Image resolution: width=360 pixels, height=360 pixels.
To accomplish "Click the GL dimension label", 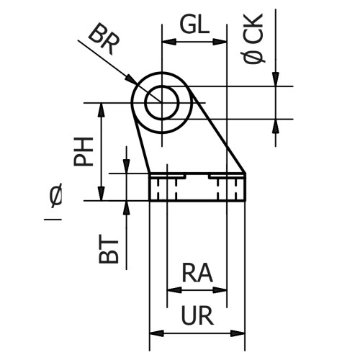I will coord(194,26).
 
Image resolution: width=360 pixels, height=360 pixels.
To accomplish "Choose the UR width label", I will coord(197,316).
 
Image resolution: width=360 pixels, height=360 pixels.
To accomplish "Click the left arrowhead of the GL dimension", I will coord(168,42).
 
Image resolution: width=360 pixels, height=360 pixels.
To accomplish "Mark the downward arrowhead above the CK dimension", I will coord(275,80).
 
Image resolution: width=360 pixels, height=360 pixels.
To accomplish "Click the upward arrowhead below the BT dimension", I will coord(127,207).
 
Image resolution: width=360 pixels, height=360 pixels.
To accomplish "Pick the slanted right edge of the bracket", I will coord(222,137).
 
